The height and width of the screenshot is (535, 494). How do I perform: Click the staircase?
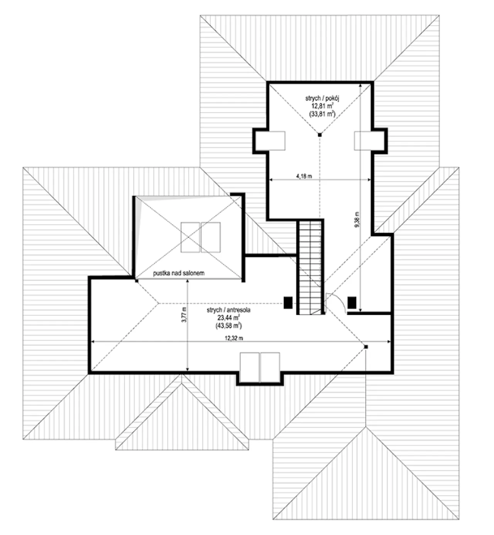pos(310,266)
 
